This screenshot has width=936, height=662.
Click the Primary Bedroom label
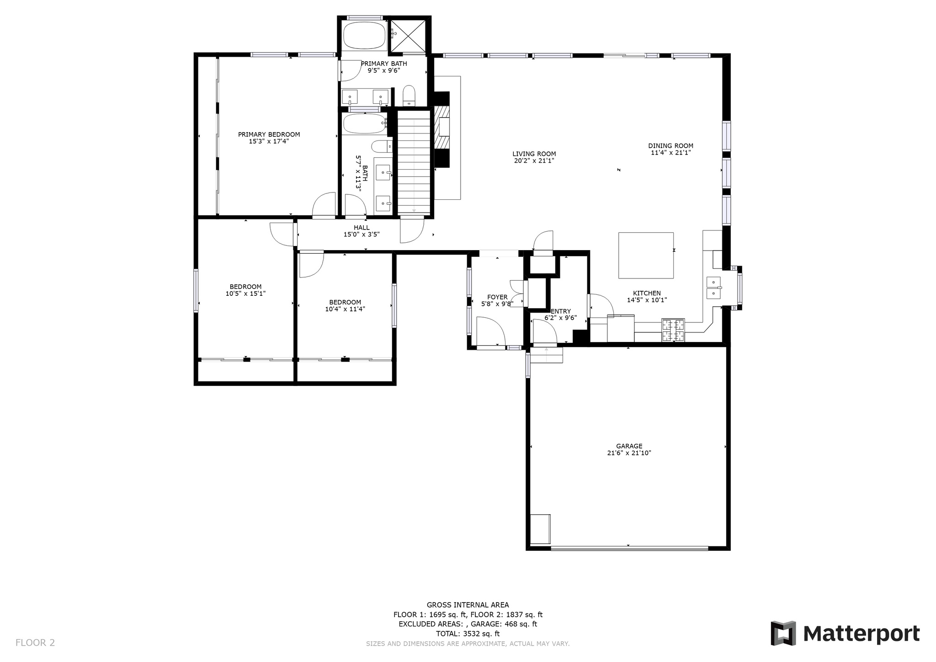pos(269,134)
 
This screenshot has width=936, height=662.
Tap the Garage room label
pos(629,446)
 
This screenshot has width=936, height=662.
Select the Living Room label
pos(534,154)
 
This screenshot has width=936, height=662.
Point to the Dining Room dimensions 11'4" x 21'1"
pos(670,153)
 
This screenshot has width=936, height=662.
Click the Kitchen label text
pos(647,294)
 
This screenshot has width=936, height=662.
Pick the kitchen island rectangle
pos(646,255)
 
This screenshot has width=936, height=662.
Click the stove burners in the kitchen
pos(673,330)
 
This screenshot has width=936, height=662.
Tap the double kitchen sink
pos(713,288)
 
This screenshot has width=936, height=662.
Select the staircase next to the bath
pos(414,162)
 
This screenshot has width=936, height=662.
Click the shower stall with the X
pos(409,36)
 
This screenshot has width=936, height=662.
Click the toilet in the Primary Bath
pos(409,95)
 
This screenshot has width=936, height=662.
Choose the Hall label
pos(362,228)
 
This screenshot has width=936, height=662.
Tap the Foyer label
pos(497,297)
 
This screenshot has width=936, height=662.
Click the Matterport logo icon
pos(783,633)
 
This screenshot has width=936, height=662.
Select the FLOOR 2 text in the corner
pos(35,643)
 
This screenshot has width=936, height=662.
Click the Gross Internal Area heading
pos(468,605)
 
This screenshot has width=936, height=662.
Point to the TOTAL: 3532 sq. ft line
pos(468,634)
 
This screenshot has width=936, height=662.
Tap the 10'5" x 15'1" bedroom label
pos(245,294)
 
